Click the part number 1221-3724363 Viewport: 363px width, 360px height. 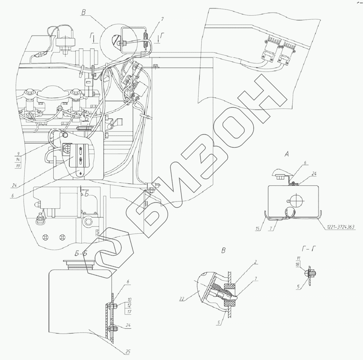pyautogui.click(x=341, y=227)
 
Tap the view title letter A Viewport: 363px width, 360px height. pyautogui.click(x=287, y=155)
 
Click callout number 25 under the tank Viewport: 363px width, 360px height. pyautogui.click(x=128, y=352)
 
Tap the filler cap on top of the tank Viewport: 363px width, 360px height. pyautogui.click(x=79, y=264)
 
